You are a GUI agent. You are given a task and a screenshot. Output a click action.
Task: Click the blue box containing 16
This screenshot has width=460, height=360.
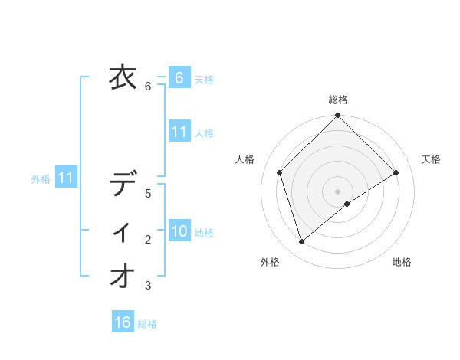coord(123,322)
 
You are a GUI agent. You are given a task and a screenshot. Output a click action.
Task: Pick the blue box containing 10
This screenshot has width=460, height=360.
coord(179,231)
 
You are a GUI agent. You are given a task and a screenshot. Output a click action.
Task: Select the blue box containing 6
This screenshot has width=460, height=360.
coord(179,78)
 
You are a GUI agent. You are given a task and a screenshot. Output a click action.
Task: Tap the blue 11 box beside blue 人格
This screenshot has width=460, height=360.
coord(179,132)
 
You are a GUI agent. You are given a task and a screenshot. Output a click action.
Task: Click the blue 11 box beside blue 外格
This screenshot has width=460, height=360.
coord(66,178)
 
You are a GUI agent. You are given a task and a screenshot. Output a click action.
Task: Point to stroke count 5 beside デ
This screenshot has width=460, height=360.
coord(149,194)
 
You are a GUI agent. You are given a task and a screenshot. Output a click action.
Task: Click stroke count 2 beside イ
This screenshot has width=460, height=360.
coord(149,240)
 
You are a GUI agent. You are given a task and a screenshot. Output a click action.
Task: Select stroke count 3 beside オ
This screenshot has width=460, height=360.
coord(149,286)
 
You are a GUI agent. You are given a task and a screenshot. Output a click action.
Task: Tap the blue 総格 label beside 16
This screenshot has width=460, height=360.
coord(147,324)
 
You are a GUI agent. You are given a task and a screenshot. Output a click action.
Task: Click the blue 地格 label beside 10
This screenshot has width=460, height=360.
coord(204,233)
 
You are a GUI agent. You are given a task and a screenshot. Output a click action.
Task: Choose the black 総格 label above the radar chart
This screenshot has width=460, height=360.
coord(338,100)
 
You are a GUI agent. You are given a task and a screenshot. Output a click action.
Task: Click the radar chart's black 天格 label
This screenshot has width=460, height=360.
coord(431,159)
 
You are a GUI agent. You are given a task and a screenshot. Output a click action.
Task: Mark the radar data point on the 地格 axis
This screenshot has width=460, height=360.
coord(347,204)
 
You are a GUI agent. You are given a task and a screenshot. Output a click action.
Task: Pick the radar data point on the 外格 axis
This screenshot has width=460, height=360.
coord(302,242)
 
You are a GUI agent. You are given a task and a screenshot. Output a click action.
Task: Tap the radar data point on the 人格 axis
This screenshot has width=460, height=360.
coord(280,172)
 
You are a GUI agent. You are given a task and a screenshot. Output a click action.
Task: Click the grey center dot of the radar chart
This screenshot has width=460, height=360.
coord(337,191)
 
